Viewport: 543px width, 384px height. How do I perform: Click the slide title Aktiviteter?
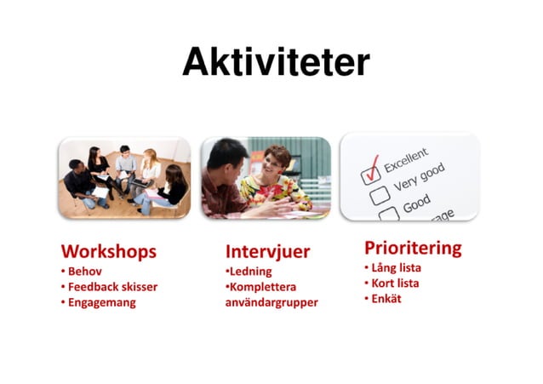point(276,61)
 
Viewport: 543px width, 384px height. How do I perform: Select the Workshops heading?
point(108,251)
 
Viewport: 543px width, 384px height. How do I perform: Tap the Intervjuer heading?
point(267,251)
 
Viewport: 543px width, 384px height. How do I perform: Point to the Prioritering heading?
point(413,248)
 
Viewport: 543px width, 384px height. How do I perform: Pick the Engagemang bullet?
point(101,301)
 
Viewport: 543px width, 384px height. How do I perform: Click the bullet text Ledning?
point(250,271)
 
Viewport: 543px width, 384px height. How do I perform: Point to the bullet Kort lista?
point(394,283)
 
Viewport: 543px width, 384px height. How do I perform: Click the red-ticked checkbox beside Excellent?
point(370,175)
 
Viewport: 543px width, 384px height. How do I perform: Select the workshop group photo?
point(124,177)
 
